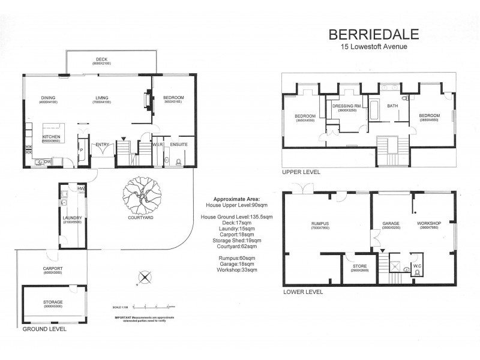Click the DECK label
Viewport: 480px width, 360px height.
[x=102, y=59]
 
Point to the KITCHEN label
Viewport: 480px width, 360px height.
[x=51, y=137]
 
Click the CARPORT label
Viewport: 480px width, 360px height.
[x=53, y=268]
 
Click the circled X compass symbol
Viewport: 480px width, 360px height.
[x=144, y=277]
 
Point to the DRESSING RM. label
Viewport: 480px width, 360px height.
[x=344, y=106]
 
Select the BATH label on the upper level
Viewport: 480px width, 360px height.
[x=392, y=106]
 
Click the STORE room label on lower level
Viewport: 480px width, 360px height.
[x=359, y=266]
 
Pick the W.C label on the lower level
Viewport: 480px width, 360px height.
[x=417, y=265]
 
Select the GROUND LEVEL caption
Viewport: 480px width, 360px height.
[x=45, y=329]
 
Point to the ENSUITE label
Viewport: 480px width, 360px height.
[x=179, y=145]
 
